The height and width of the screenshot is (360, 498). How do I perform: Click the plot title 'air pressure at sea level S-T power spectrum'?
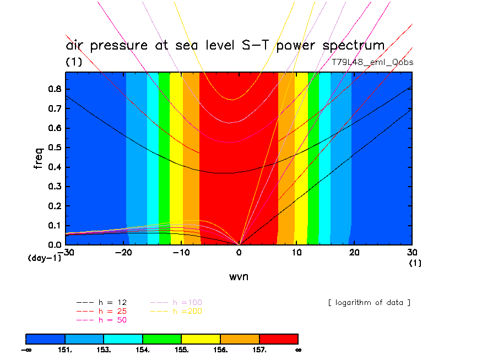[x=225, y=46]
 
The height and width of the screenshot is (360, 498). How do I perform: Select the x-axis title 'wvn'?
[x=239, y=276]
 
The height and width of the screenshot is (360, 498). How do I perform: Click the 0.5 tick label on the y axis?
[x=53, y=148]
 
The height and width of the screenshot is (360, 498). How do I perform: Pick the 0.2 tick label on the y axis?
[x=53, y=206]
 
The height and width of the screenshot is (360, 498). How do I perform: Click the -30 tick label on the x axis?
[x=67, y=252]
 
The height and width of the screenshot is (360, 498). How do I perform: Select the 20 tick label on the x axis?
[x=354, y=252]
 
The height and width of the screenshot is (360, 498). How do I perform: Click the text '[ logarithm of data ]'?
[x=369, y=303]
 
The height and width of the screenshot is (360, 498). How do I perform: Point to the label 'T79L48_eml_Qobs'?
[x=372, y=62]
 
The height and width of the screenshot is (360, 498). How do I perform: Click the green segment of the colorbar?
[x=162, y=339]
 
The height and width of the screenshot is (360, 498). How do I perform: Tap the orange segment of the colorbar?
[x=240, y=339]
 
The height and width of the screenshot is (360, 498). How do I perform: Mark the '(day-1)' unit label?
[x=44, y=257]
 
